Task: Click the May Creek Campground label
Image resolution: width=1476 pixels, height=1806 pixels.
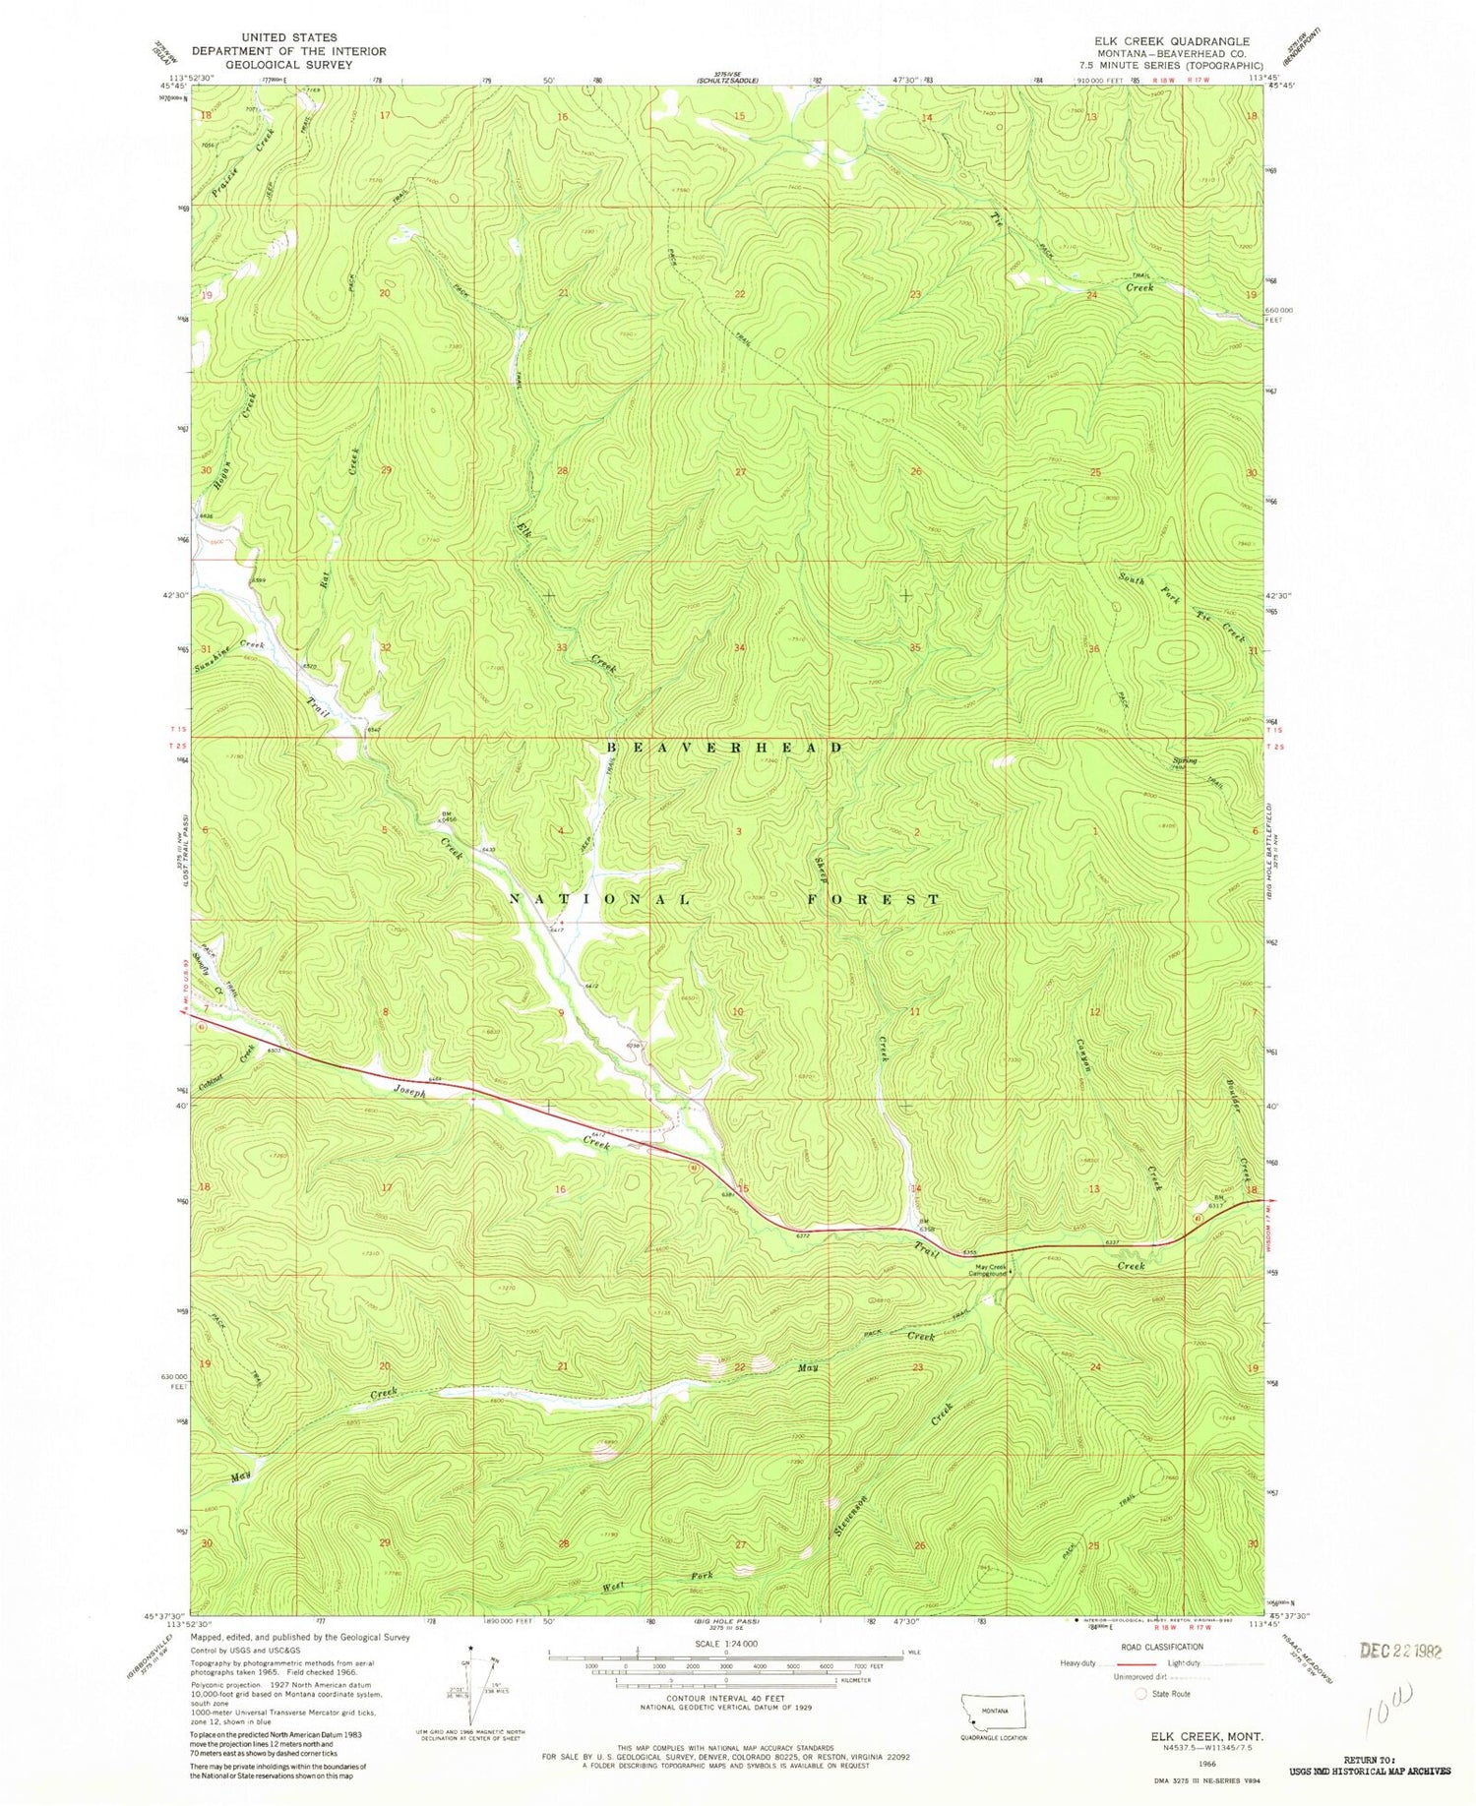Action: pyautogui.click(x=987, y=1270)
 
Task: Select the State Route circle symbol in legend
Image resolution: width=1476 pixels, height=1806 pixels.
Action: pyautogui.click(x=1140, y=1694)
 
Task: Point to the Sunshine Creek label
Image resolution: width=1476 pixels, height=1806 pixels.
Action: pyautogui.click(x=229, y=650)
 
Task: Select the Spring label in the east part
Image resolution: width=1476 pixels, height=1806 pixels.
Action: pyautogui.click(x=1185, y=760)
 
